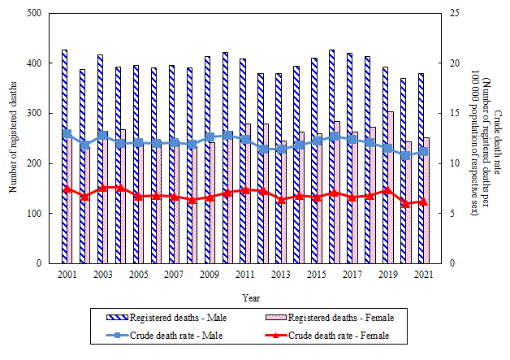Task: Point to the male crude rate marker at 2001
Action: coord(67,133)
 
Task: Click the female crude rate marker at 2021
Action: coord(423,202)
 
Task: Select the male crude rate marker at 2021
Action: coord(423,151)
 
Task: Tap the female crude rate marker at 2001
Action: coord(67,189)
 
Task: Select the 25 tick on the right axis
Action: coord(456,13)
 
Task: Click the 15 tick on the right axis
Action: coord(456,113)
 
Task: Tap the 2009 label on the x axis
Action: coord(210,275)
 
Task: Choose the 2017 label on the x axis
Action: coord(352,275)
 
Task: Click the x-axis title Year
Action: coord(251,297)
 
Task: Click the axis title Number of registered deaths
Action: coord(14,138)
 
